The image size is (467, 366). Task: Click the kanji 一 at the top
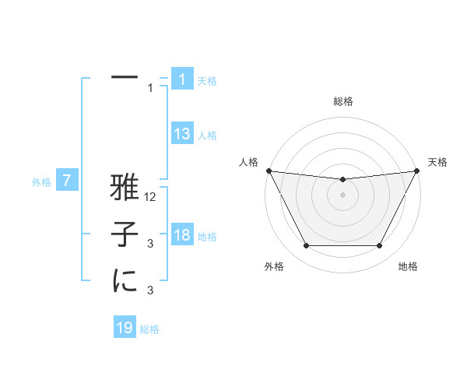[x=125, y=78]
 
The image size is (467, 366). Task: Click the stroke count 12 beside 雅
[x=151, y=199]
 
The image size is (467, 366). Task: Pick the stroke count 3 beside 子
[x=150, y=245]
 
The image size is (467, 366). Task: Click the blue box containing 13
[x=182, y=134]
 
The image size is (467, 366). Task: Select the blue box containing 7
[x=67, y=181]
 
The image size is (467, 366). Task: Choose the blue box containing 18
[x=182, y=235]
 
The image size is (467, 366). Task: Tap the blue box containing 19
[x=125, y=328]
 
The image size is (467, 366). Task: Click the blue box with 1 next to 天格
[x=182, y=79]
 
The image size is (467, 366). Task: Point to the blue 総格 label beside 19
[x=149, y=329]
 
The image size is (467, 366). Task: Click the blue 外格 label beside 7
[x=41, y=183]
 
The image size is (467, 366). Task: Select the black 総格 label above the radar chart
[x=343, y=101]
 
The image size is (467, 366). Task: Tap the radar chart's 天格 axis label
[x=438, y=162]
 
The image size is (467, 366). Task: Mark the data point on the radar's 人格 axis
[x=269, y=171]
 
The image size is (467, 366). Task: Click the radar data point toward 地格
[x=379, y=246]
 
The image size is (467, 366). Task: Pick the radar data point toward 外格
[x=306, y=246]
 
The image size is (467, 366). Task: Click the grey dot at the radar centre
[x=342, y=195]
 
